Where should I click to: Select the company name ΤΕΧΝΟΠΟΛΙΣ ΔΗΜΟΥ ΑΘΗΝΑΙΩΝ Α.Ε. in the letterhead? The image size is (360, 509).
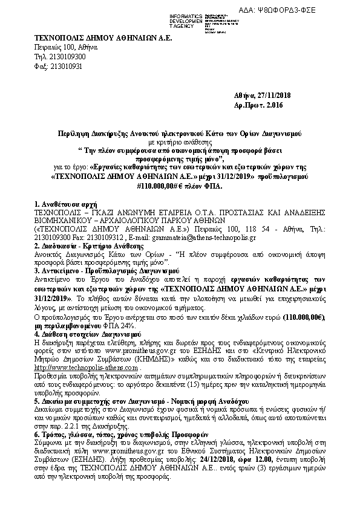tap(104, 37)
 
